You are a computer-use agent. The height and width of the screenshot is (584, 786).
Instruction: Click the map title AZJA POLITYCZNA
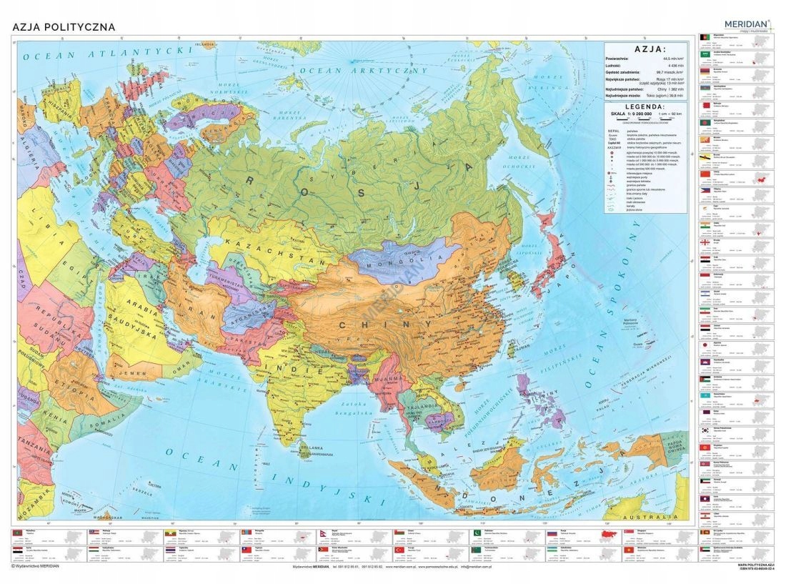pyautogui.click(x=64, y=27)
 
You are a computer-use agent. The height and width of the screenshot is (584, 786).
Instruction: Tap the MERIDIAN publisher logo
pyautogui.click(x=745, y=24)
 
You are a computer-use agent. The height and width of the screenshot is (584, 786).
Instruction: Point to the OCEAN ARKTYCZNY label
pyautogui.click(x=363, y=71)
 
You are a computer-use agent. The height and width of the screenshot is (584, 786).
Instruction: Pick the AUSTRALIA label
pyautogui.click(x=641, y=515)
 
